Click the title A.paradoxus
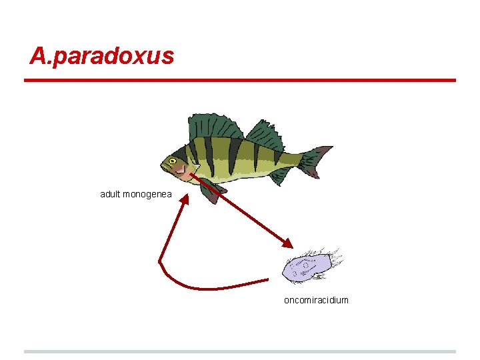point(101,56)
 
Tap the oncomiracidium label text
point(316,300)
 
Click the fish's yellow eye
point(173,161)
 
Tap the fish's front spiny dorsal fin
point(215,127)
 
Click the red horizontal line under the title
point(240,81)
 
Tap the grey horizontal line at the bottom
point(240,351)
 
